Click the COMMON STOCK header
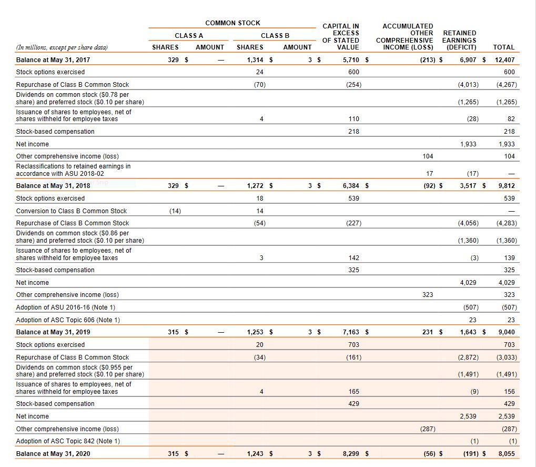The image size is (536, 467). (232, 23)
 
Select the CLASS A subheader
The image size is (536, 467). (188, 35)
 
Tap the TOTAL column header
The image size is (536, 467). (504, 47)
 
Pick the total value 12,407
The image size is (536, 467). (505, 60)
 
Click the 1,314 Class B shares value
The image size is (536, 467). (255, 60)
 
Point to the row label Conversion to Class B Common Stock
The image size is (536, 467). (72, 211)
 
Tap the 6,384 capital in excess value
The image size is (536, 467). (351, 186)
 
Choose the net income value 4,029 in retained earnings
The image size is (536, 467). (468, 283)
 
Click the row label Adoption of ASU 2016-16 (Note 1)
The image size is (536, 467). (66, 307)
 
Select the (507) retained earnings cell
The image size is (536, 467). (470, 307)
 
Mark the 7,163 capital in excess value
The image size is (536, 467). (351, 332)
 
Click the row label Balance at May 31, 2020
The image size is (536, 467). (53, 453)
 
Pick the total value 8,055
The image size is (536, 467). (507, 453)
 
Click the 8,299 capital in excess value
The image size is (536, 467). (351, 453)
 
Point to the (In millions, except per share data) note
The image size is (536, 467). (62, 47)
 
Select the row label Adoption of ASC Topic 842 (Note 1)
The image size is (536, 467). (68, 441)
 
